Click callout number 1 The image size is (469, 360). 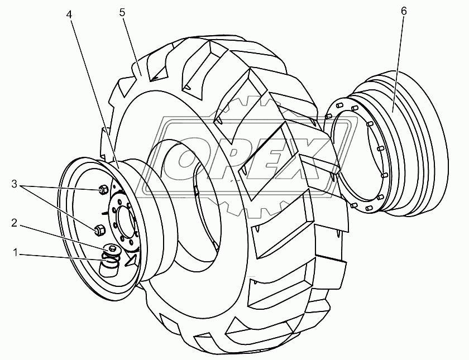(15, 253)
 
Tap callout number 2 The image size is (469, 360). (15, 223)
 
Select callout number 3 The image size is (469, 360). (15, 184)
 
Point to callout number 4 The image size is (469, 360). (69, 15)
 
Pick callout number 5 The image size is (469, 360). (122, 12)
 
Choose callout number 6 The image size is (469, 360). (404, 11)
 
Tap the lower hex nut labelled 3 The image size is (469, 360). (99, 230)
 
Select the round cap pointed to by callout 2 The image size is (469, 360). (112, 248)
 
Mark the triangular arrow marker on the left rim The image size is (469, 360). (131, 259)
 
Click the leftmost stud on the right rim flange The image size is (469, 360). (328, 116)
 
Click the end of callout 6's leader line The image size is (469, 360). (393, 112)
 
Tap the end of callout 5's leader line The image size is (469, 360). (141, 75)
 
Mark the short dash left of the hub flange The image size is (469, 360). (104, 213)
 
